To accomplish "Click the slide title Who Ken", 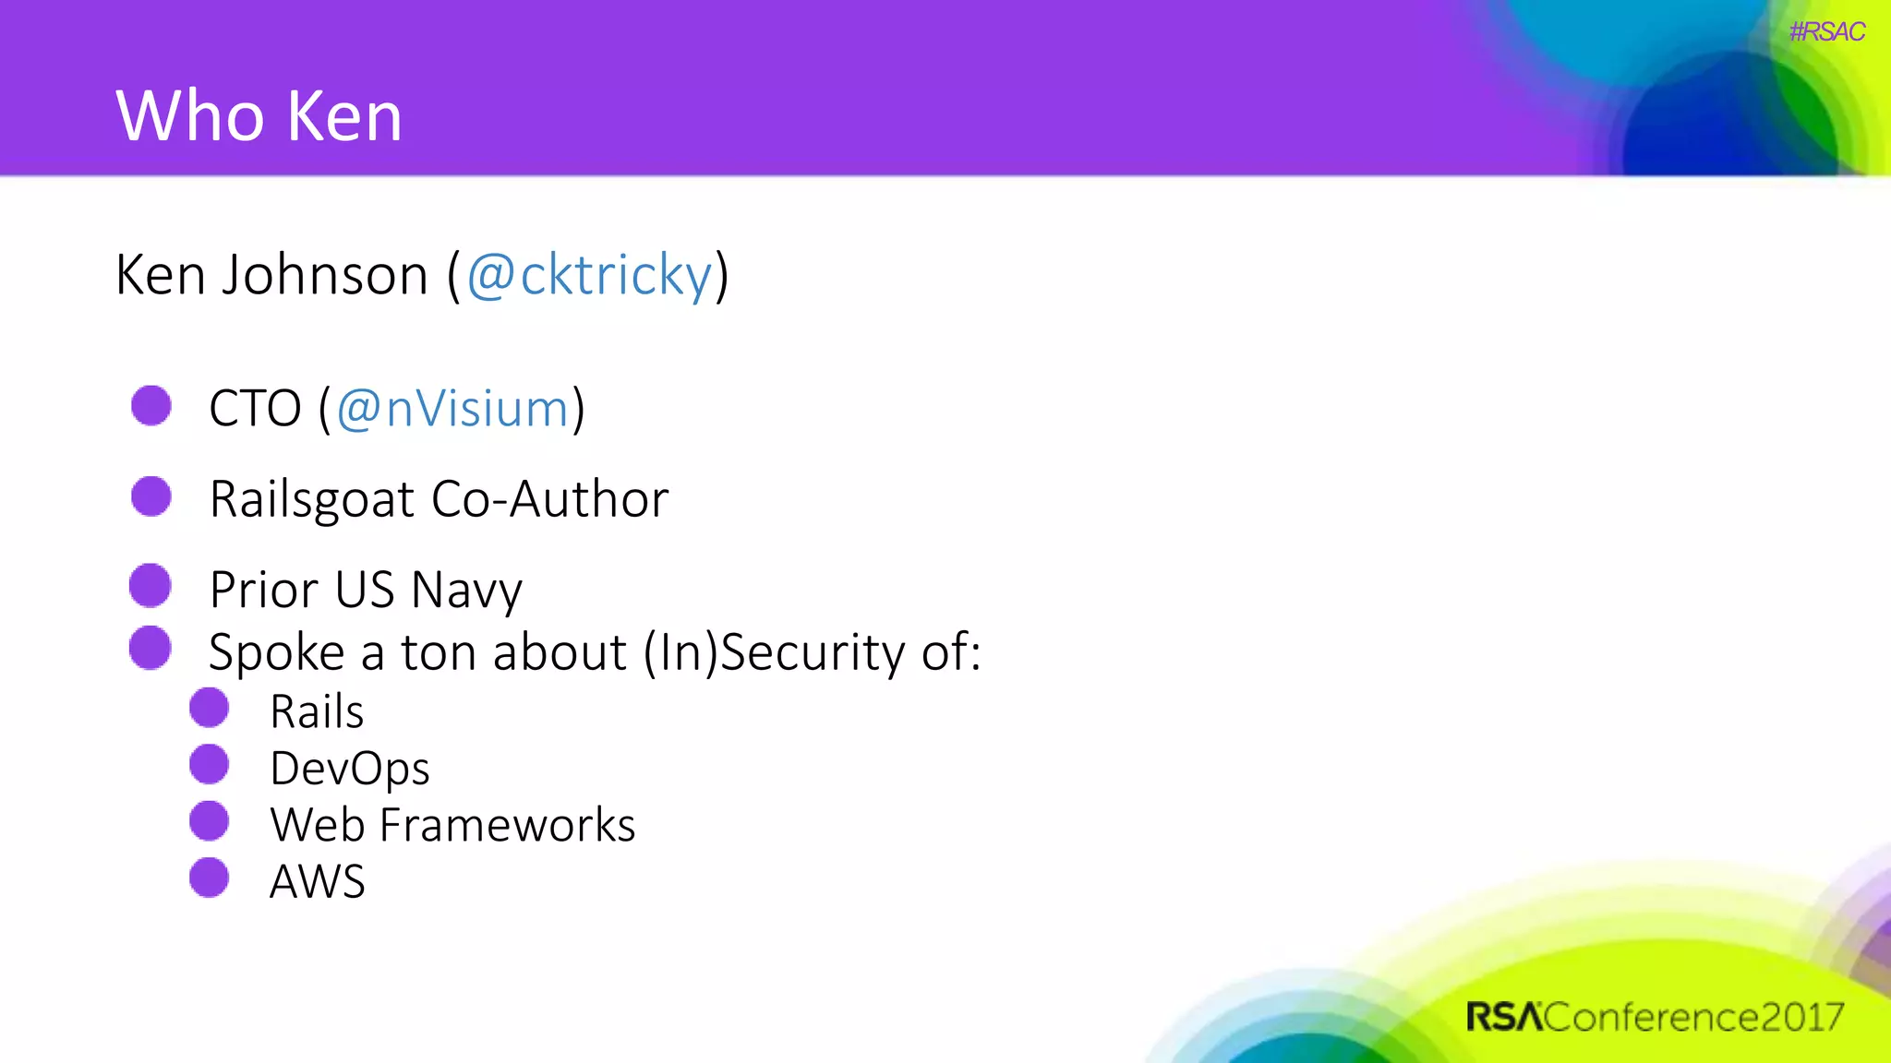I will coord(259,116).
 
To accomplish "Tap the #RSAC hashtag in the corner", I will coord(1826,32).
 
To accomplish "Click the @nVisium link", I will coord(452,408).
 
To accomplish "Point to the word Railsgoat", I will coord(312,499).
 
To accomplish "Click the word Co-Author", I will coord(549,499).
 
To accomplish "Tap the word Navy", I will coord(466,590).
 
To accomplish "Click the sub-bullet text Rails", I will coord(317,711).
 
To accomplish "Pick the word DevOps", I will coord(349,769).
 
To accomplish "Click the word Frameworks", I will coord(507,825).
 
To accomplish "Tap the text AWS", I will coord(317,881).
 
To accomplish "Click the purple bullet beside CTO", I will coord(151,405).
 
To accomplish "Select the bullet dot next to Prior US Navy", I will coord(151,586).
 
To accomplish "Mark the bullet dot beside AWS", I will coord(210,878).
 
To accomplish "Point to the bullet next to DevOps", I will coord(210,765).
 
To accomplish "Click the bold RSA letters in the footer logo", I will coord(1503,1017).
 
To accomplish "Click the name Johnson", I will coord(324,275).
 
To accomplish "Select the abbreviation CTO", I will coord(255,408).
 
